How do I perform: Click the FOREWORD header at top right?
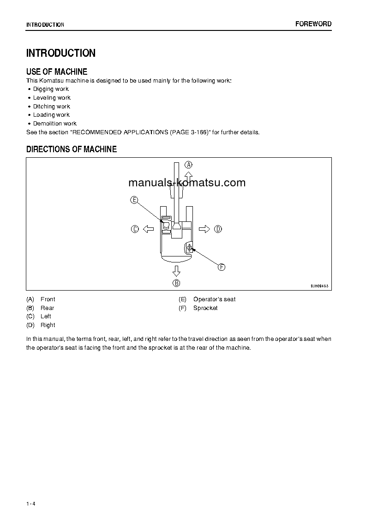(x=313, y=24)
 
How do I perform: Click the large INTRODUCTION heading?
(x=61, y=53)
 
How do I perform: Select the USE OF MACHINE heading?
(x=57, y=71)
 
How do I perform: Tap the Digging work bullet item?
(x=51, y=89)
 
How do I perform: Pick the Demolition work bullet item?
(x=54, y=124)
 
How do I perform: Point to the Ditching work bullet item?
(x=51, y=107)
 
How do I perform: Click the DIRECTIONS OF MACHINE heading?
(x=72, y=149)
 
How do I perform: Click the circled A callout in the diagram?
(x=188, y=165)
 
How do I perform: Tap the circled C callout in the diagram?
(x=135, y=229)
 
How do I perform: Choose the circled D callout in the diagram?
(x=218, y=229)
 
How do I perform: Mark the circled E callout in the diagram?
(x=134, y=200)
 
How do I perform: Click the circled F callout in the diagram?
(x=222, y=267)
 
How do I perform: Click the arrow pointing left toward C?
(x=148, y=229)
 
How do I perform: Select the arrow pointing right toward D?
(x=204, y=229)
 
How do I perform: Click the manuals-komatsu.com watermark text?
(x=187, y=183)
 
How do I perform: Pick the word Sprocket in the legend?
(x=205, y=308)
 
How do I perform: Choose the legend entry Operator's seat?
(x=214, y=299)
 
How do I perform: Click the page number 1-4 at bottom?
(x=31, y=504)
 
